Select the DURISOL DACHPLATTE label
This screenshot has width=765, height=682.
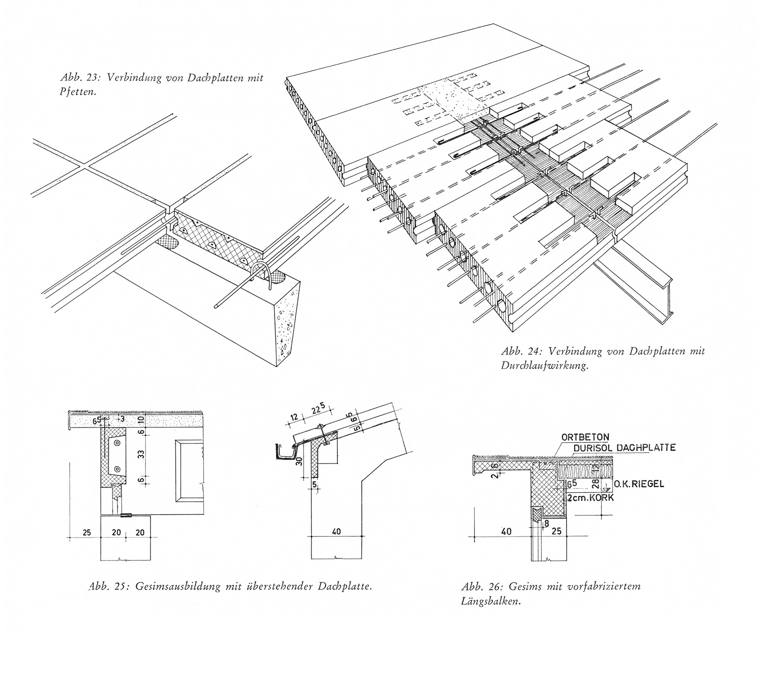(x=624, y=448)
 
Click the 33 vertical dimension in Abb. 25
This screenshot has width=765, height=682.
(x=141, y=454)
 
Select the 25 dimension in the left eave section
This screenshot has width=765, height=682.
(x=87, y=533)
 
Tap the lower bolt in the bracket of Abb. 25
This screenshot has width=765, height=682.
(x=118, y=468)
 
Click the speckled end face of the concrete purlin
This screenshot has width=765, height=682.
(x=286, y=323)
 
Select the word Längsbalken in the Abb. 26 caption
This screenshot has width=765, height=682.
(x=491, y=602)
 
